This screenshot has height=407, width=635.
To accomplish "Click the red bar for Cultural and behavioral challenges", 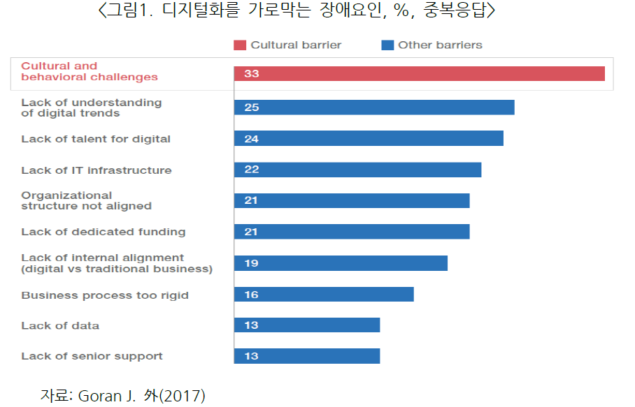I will (x=420, y=73).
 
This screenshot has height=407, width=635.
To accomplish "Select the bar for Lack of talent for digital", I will (x=369, y=138).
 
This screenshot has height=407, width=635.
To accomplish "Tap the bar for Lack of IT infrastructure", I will (x=357, y=170).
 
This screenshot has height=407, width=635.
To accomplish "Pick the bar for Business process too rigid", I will (x=324, y=294).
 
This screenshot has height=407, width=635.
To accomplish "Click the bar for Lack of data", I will (x=307, y=325).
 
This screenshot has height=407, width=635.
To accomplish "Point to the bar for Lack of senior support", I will (x=307, y=356).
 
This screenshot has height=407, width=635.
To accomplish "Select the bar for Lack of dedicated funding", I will (x=352, y=232).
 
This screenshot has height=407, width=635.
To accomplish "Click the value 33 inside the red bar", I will (x=251, y=73).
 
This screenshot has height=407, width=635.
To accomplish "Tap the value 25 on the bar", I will (x=251, y=108).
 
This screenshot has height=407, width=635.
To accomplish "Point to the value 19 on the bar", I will (x=251, y=263).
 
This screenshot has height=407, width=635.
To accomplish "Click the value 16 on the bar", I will (x=251, y=295).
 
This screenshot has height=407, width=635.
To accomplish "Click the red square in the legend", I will (x=240, y=45).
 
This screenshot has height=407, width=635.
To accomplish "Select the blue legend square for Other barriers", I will (x=387, y=45).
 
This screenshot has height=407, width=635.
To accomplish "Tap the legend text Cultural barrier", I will (x=296, y=45).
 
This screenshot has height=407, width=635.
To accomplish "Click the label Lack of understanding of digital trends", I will (x=91, y=108).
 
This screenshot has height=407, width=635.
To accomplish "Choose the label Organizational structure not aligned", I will (x=86, y=200).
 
